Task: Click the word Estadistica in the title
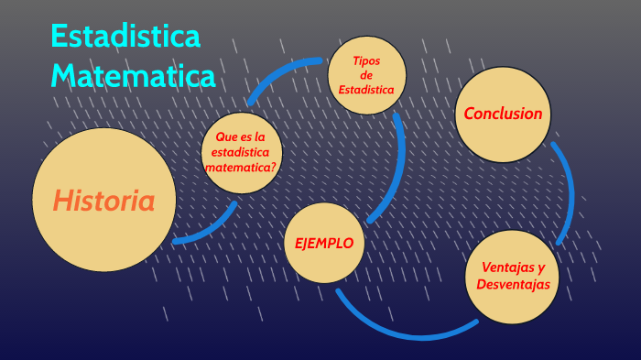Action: (x=125, y=38)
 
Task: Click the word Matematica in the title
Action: (x=133, y=74)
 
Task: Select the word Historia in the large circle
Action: (x=103, y=201)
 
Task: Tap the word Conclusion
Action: (x=503, y=114)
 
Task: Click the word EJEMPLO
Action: (x=324, y=243)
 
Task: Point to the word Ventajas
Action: (x=499, y=267)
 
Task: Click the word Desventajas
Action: (x=513, y=285)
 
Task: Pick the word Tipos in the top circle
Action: (x=366, y=60)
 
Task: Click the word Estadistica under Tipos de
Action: (x=366, y=90)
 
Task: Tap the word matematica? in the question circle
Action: (x=241, y=168)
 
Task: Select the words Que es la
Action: (x=240, y=136)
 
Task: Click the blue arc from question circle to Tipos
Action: (x=275, y=73)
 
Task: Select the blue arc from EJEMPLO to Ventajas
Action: (x=403, y=325)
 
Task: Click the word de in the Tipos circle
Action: (x=366, y=75)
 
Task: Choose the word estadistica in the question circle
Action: (x=240, y=152)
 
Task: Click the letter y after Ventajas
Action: (x=540, y=268)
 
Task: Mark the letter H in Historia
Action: (x=61, y=201)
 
